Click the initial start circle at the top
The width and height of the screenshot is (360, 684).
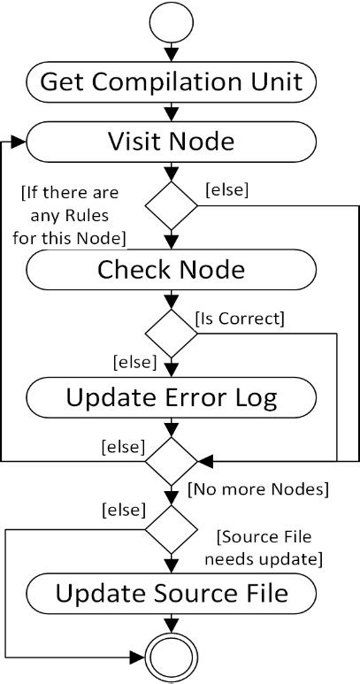pos(171,25)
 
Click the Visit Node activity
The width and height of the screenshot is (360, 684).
pos(171,142)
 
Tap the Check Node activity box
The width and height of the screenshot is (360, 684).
pos(171,269)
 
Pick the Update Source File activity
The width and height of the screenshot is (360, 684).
pos(171,593)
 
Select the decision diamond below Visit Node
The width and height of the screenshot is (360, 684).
pos(171,206)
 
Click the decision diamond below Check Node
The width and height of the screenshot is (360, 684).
pos(171,334)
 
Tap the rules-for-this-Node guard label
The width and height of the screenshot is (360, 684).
pos(72,216)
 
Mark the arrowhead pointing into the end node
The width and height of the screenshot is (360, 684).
pos(140,657)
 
